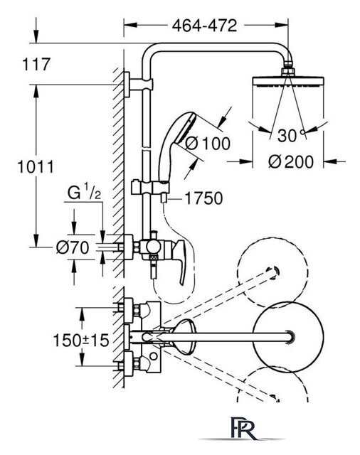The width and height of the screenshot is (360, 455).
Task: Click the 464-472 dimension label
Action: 204,26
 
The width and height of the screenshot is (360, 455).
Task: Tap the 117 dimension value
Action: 36,64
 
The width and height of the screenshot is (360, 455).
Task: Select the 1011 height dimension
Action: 36,167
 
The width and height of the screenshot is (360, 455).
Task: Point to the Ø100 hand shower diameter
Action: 208,144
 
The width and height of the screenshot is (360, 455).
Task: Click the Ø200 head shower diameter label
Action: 291,161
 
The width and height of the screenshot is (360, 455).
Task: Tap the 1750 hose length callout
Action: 203,198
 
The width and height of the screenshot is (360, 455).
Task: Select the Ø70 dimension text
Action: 73,248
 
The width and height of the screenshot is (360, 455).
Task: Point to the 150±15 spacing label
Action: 81,340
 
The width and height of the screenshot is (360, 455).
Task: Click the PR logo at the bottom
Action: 244,427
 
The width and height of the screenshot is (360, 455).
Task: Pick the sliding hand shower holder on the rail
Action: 149,187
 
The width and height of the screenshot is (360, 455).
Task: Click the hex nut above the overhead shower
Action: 288,71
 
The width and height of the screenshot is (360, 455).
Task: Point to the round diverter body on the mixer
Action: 153,247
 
